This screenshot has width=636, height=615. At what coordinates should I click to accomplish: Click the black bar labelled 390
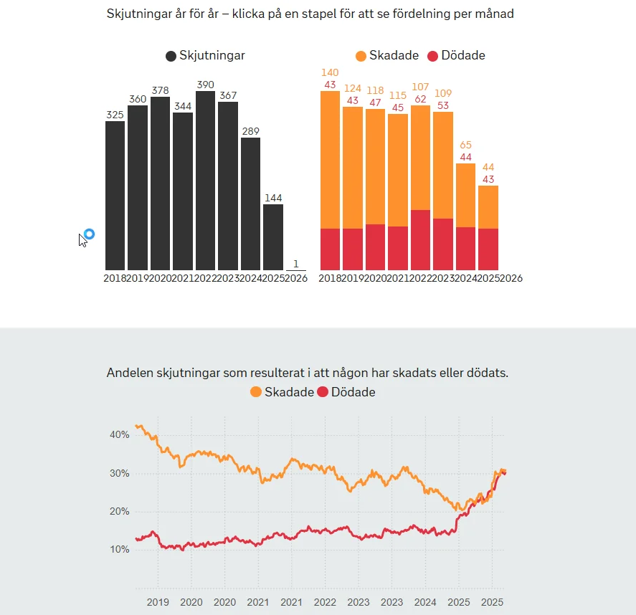(x=205, y=181)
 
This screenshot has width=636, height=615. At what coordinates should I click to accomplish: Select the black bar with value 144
(x=273, y=237)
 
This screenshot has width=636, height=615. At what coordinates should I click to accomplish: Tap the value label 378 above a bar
(x=160, y=90)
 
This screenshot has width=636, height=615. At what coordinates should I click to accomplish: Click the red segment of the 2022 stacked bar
(x=421, y=240)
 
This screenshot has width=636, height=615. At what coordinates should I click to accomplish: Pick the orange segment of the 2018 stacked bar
(x=330, y=159)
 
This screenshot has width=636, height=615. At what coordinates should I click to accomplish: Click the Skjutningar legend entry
(x=205, y=56)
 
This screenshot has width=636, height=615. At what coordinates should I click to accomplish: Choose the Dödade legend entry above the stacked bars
(x=456, y=56)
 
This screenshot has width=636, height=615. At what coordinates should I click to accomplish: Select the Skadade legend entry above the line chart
(x=282, y=392)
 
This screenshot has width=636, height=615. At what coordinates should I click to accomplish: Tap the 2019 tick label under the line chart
(x=158, y=602)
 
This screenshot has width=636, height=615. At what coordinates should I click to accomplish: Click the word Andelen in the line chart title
(x=130, y=373)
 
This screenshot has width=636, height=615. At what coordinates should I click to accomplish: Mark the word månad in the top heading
(x=494, y=14)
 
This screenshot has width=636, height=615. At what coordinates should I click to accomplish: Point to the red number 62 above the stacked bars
(x=420, y=100)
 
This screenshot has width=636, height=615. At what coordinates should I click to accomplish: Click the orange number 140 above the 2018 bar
(x=330, y=73)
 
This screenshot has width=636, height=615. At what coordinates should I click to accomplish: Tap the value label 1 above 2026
(x=295, y=264)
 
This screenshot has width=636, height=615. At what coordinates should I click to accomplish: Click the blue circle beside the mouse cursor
(x=90, y=234)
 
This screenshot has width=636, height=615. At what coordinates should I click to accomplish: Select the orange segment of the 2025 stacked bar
(x=488, y=207)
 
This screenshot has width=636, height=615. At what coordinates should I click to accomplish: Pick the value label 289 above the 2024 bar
(x=250, y=131)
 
